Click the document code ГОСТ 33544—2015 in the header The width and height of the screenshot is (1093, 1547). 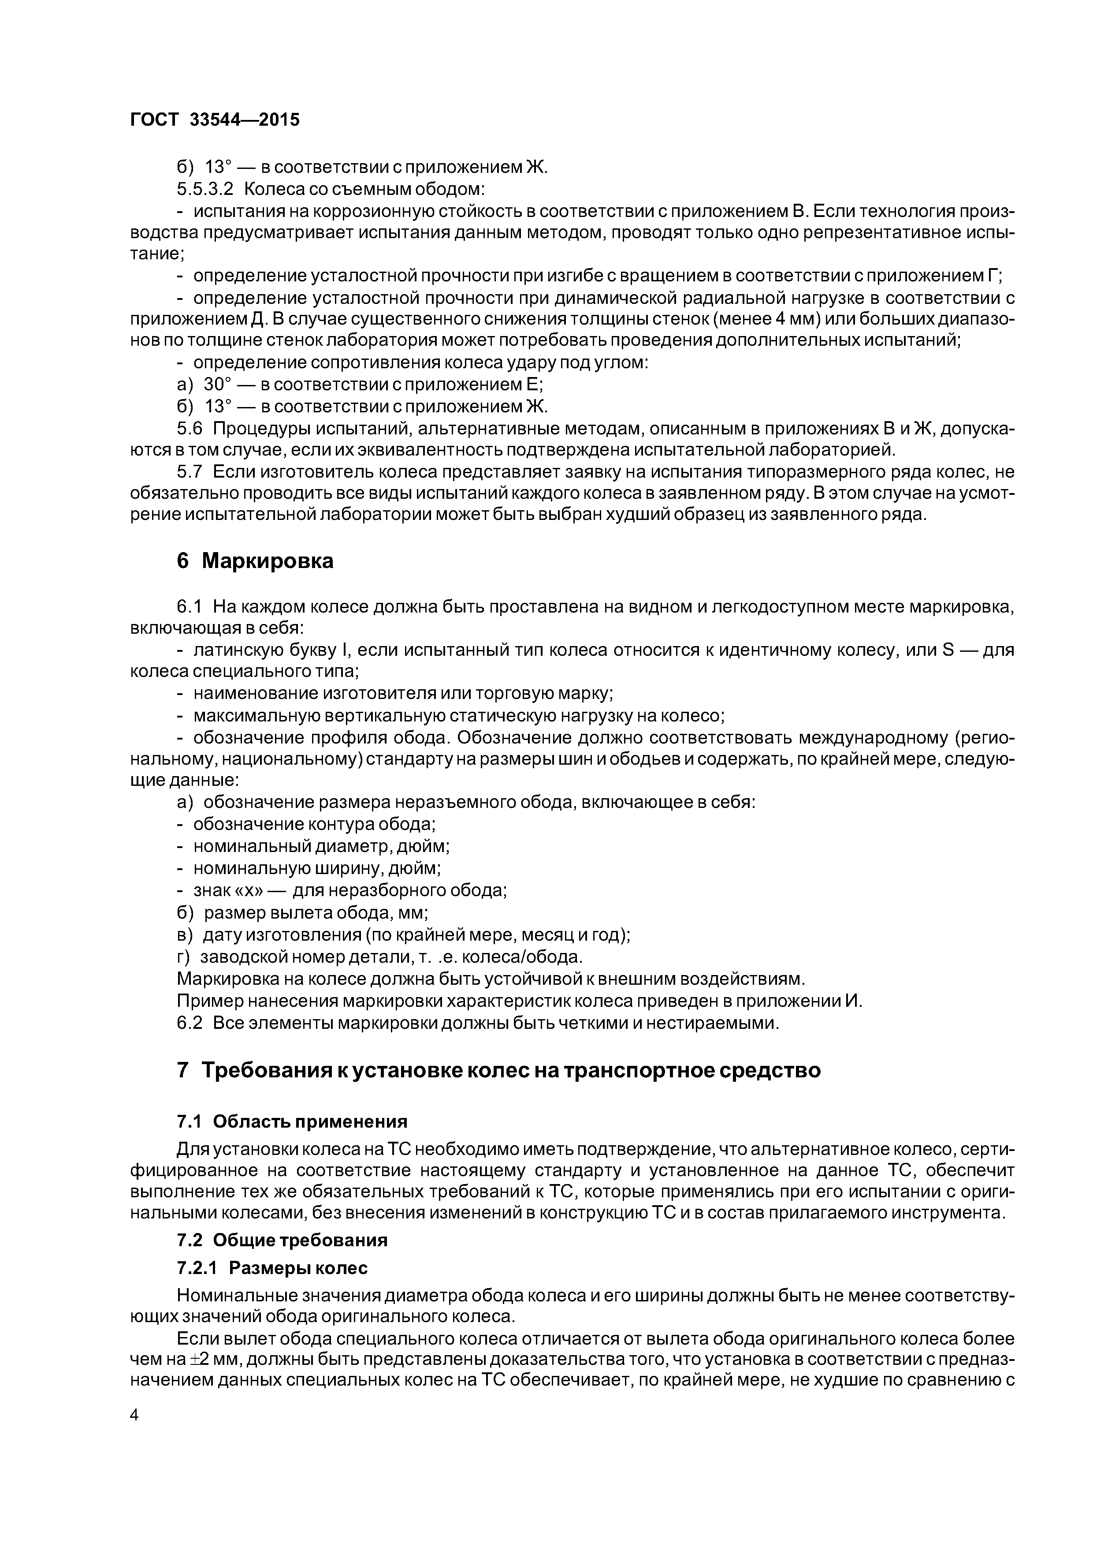click(214, 120)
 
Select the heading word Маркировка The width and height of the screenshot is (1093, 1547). click(268, 561)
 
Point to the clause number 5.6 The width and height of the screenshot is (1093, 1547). click(189, 429)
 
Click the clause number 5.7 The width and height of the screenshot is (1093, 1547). click(189, 472)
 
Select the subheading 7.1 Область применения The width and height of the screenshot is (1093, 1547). click(292, 1121)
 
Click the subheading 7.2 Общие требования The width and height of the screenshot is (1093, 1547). click(282, 1241)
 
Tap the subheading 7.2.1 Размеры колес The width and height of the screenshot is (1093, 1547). click(272, 1268)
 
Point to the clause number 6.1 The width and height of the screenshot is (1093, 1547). click(189, 607)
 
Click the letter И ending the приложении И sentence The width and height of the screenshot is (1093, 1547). click(852, 1001)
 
